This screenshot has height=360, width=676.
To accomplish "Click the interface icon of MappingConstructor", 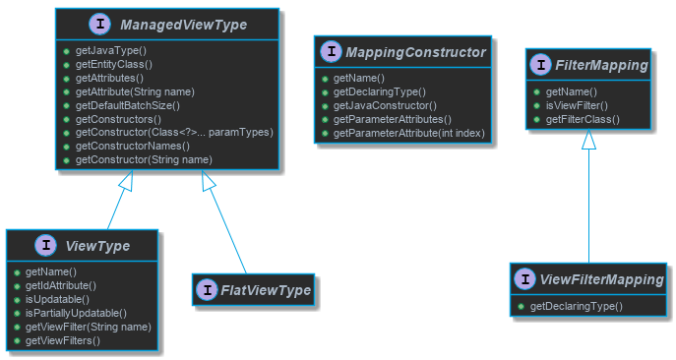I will point(332,52).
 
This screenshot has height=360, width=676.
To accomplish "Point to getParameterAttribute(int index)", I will point(409,132).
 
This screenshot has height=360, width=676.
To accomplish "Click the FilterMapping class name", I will point(602,65).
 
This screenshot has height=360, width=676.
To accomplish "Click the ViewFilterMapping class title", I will point(603,280).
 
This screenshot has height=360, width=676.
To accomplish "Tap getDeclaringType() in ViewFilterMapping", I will point(576,307).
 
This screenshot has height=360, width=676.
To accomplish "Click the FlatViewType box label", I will point(266,290).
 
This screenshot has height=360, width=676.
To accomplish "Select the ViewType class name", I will point(98,245).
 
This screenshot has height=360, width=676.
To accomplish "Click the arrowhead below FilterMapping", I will point(588,141).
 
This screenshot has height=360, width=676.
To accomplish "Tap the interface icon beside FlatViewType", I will point(206,290).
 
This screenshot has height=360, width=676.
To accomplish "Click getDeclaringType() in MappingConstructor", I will point(380,90).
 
